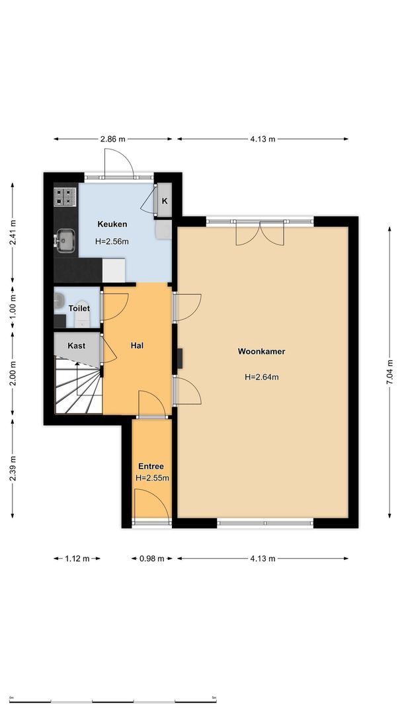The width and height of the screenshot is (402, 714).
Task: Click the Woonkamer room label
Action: click(x=261, y=352)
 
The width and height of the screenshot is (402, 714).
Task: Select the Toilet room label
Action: click(x=79, y=308)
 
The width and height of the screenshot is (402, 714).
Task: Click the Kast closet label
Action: click(x=76, y=346)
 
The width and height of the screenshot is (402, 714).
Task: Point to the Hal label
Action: click(x=137, y=345)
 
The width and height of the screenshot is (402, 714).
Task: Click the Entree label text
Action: click(x=151, y=466)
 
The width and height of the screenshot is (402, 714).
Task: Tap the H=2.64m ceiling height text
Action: click(x=261, y=377)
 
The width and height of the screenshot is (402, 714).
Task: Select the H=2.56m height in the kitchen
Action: click(x=112, y=241)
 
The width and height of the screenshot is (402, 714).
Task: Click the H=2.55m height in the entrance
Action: click(x=152, y=478)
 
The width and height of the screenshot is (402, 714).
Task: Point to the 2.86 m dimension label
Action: click(x=113, y=139)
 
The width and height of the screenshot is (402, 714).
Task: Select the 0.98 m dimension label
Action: click(x=151, y=559)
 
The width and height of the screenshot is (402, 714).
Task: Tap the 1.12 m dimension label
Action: click(x=77, y=559)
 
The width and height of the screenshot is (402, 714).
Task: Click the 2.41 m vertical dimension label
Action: click(x=13, y=232)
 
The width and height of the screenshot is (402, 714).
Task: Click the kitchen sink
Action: click(x=65, y=241)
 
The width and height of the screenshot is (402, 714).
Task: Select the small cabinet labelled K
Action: click(x=165, y=201)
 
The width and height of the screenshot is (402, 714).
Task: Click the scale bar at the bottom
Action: click(x=113, y=701)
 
